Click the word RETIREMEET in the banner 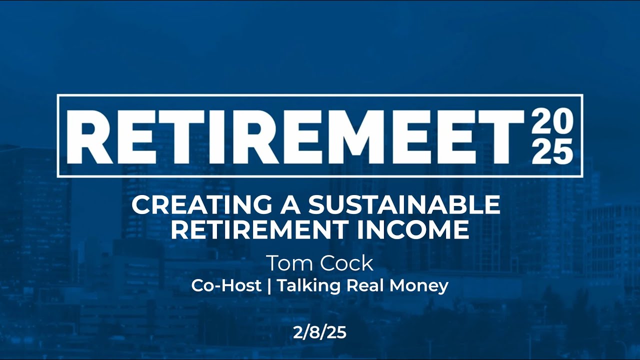click(x=295, y=135)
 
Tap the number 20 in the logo click(x=552, y=121)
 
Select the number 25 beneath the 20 click(x=552, y=151)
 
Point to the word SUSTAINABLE click(x=404, y=205)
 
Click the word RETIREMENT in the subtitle click(x=259, y=229)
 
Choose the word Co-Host click(x=226, y=286)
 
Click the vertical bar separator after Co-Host click(x=269, y=286)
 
